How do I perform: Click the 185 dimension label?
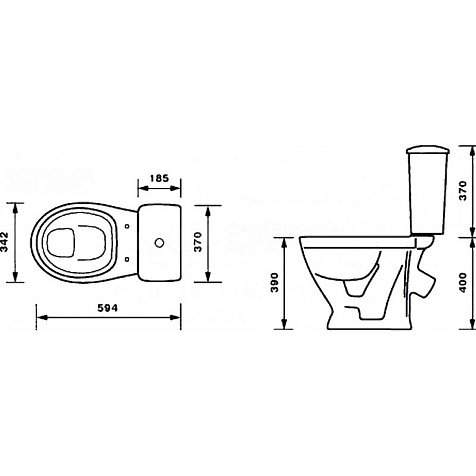click(x=159, y=178)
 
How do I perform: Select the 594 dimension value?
click(x=108, y=308)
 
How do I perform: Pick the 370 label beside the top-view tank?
click(x=198, y=242)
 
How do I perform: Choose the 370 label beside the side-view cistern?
click(x=463, y=191)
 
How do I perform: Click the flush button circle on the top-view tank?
click(x=160, y=243)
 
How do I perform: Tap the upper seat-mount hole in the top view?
click(x=127, y=226)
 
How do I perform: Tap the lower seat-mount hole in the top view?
click(x=127, y=259)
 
